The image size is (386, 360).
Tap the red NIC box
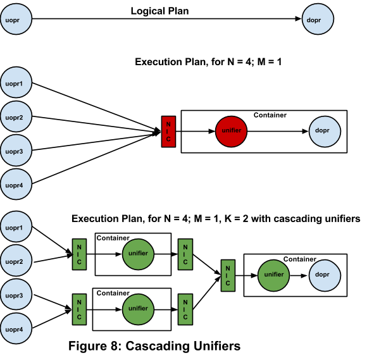pos(168,132)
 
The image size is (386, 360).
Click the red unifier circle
pos(231,132)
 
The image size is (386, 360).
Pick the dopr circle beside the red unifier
pos(325,132)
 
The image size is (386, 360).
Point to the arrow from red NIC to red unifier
pos(194,132)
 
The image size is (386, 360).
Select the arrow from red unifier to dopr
pos(278,132)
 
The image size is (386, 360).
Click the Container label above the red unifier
pos(270,115)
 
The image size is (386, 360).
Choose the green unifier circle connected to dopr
pos(273,276)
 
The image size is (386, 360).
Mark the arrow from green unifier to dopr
pos(299,276)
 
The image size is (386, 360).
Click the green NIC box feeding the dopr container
pos(228,276)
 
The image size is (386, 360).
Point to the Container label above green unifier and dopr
pos(299,259)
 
